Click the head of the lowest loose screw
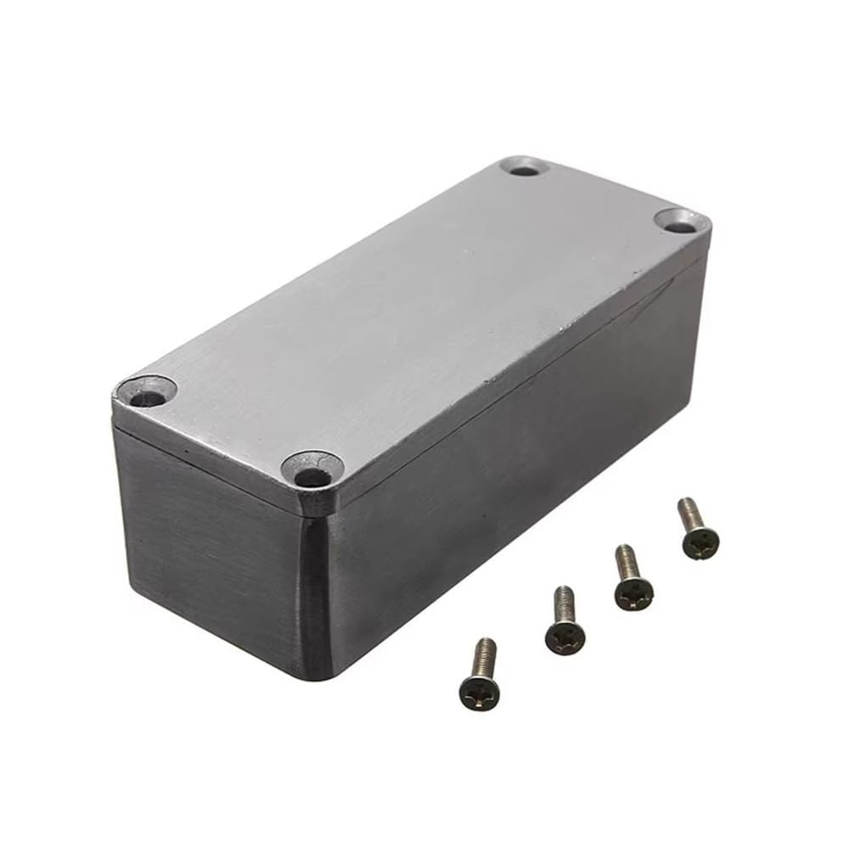pyautogui.click(x=479, y=691)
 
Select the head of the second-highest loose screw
pyautogui.click(x=633, y=591)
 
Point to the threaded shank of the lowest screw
pyautogui.click(x=483, y=655)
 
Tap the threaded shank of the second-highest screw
pyautogui.click(x=627, y=559)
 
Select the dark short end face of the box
pyautogui.click(x=212, y=543)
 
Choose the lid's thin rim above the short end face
pyautogui.click(x=212, y=458)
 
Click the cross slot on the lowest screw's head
pyautogui.click(x=479, y=693)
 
